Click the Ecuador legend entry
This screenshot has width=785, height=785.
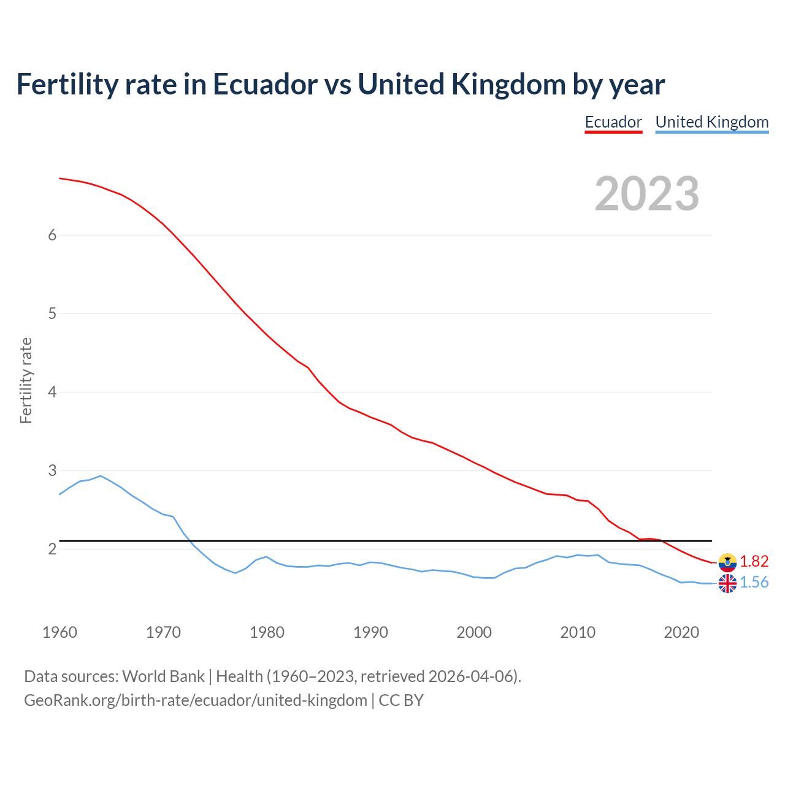[x=613, y=122]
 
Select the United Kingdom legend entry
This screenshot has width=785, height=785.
[x=711, y=122]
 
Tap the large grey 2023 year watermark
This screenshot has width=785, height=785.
[x=647, y=194]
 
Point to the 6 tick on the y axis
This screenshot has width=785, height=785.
[x=52, y=235]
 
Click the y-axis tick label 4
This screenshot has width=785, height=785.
[x=52, y=392]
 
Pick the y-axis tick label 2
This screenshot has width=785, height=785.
[x=52, y=549]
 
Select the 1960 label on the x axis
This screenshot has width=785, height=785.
[x=59, y=632]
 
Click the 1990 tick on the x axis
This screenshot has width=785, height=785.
[x=370, y=632]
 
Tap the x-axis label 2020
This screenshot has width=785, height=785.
[x=681, y=632]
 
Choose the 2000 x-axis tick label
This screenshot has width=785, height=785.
[x=474, y=632]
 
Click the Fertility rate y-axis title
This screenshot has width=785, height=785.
[x=26, y=380]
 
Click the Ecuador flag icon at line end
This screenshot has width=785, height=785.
[x=727, y=562]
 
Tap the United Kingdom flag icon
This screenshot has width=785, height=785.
[x=727, y=583]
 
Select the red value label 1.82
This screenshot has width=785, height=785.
[x=754, y=562]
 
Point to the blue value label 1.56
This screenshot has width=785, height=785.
[x=754, y=583]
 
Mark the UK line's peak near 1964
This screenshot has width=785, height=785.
[x=101, y=476]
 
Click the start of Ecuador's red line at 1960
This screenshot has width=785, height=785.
[x=59, y=178]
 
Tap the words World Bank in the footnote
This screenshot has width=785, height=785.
[x=163, y=676]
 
